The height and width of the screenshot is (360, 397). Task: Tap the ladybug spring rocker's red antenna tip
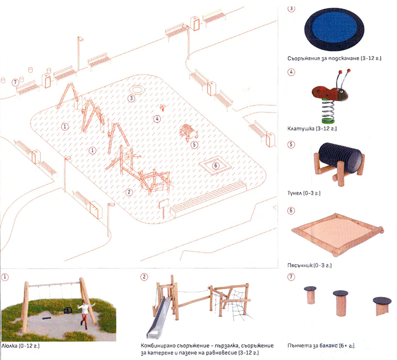coord(349,70)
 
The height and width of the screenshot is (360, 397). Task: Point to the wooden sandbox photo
coord(338,234)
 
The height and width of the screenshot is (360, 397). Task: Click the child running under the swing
coord(85,313)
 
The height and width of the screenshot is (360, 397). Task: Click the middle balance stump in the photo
coord(340,303)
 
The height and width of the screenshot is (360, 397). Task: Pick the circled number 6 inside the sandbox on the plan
coord(215,165)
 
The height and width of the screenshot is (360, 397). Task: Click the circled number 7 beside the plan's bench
coord(15,83)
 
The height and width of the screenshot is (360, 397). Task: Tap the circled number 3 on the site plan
coord(131,98)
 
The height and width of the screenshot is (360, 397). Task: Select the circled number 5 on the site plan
coord(194,145)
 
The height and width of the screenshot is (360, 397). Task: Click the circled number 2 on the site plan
coord(129,192)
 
